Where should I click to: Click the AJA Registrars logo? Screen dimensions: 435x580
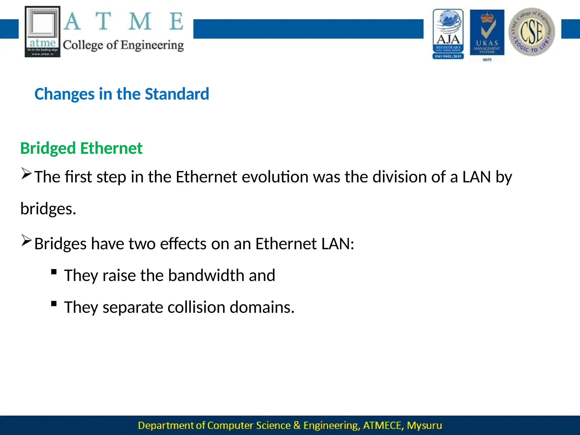pyautogui.click(x=448, y=34)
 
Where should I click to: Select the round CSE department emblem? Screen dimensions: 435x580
pyautogui.click(x=532, y=32)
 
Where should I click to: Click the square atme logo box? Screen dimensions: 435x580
pyautogui.click(x=42, y=31)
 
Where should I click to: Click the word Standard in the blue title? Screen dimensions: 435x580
pyautogui.click(x=177, y=94)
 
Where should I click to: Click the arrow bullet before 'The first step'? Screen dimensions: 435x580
pyautogui.click(x=26, y=173)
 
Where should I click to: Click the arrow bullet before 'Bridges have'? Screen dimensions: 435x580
pyautogui.click(x=26, y=240)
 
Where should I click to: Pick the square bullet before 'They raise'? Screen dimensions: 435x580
pyautogui.click(x=54, y=272)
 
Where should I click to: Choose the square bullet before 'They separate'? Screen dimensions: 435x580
pyautogui.click(x=54, y=304)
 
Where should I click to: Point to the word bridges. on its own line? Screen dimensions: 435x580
pyautogui.click(x=48, y=209)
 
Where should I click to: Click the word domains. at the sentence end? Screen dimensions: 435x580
pyautogui.click(x=262, y=307)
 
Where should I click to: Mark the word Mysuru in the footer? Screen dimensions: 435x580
pyautogui.click(x=424, y=425)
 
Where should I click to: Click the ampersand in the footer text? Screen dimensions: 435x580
pyautogui.click(x=297, y=425)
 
